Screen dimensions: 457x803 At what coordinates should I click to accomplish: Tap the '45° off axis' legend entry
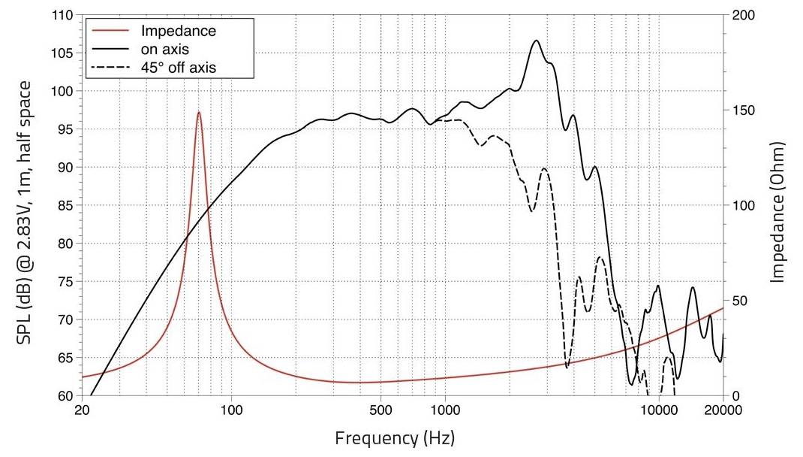click(x=184, y=68)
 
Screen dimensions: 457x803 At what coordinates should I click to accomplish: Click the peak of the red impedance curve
click(x=199, y=113)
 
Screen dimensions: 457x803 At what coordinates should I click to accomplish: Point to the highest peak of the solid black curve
click(x=536, y=41)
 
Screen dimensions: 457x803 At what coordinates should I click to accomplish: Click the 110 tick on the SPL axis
click(x=65, y=15)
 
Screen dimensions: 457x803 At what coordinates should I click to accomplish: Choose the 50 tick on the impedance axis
click(x=741, y=301)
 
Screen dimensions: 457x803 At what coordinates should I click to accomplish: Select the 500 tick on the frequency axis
click(x=380, y=410)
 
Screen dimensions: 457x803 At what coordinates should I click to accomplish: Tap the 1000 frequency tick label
click(x=445, y=410)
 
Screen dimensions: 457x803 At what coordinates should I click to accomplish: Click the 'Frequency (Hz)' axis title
click(x=395, y=437)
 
